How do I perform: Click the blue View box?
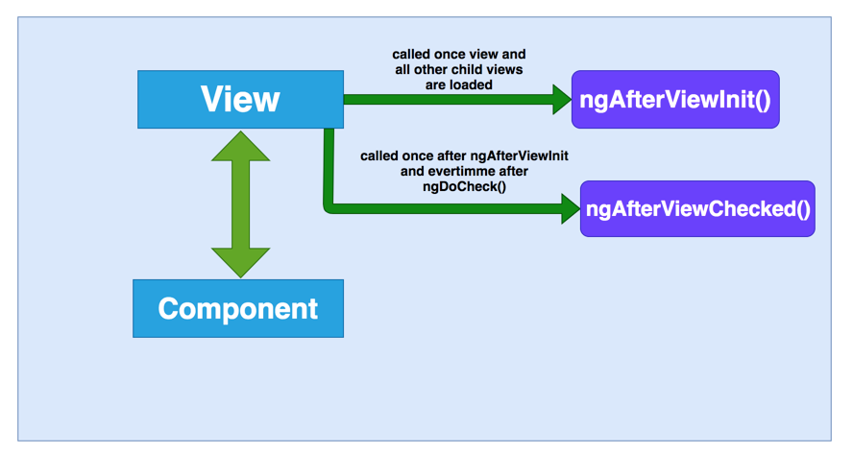240,100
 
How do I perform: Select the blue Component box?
238,308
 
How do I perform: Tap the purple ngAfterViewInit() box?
675,100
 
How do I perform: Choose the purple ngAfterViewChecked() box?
697,209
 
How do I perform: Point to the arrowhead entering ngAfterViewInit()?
562,100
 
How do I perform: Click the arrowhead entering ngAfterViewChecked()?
571,209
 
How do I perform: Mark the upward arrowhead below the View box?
240,146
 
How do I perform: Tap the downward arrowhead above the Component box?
240,263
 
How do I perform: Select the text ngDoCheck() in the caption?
465,186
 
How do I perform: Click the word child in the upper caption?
473,70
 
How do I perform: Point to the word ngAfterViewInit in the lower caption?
520,156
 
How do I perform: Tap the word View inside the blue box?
240,100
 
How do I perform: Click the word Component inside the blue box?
238,309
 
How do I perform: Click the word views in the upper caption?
507,70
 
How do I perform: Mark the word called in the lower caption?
379,156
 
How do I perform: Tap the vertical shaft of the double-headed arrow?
240,204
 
